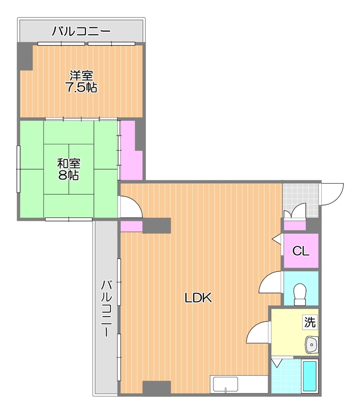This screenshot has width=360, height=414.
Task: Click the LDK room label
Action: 198,298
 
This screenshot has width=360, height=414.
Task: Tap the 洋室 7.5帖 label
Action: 81,82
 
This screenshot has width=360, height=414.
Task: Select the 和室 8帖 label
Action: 69,169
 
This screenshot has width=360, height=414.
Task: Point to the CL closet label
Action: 301,251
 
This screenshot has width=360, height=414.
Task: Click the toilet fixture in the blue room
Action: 300,294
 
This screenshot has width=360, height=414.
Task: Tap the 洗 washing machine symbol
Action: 310,322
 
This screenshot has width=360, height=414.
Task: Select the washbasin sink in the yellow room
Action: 312,345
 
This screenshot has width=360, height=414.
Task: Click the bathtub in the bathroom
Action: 310,376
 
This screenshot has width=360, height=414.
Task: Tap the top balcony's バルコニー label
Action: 81,31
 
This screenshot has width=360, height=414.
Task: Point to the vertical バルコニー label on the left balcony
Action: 106,308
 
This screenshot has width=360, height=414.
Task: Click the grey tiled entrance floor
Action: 300,200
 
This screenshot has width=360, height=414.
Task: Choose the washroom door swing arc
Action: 258,332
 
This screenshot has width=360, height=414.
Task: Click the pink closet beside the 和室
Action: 132,150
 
